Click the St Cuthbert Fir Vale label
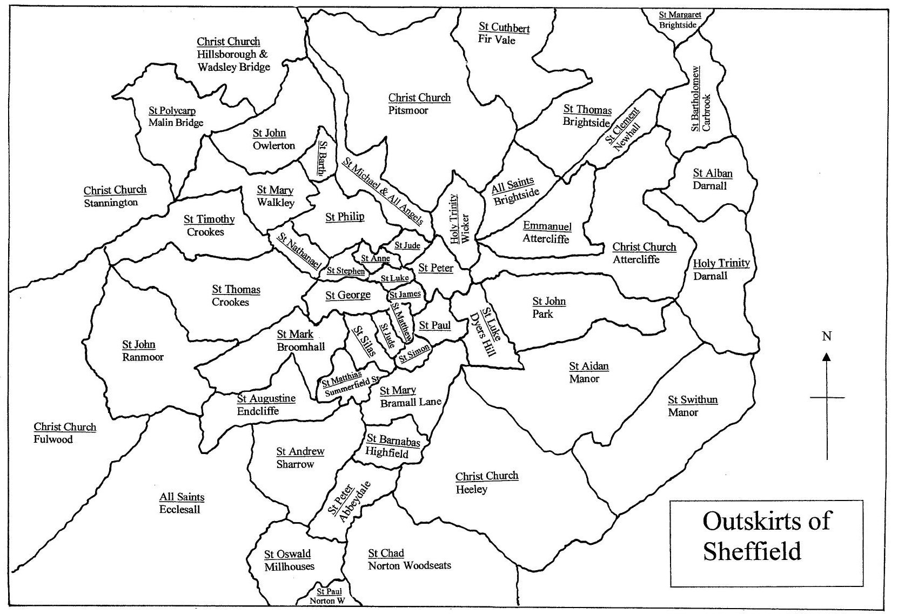click(x=503, y=34)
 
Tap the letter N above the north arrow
click(x=826, y=337)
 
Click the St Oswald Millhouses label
click(x=289, y=560)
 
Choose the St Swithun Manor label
click(x=692, y=406)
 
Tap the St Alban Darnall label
click(x=712, y=179)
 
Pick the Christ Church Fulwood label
click(x=64, y=433)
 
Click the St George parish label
click(x=347, y=295)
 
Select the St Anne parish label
click(x=375, y=259)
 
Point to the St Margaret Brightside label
click(x=679, y=20)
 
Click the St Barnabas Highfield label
click(x=392, y=446)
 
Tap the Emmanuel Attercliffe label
click(x=546, y=232)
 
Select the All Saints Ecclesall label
click(x=181, y=503)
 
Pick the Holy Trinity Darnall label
click(x=720, y=269)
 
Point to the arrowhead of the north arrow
click(x=826, y=357)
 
